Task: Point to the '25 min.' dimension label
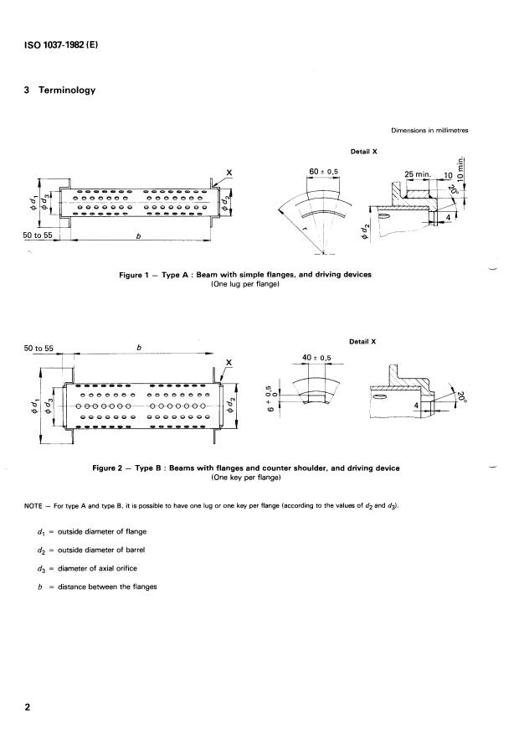coord(416,174)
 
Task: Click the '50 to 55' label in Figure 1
coord(39,235)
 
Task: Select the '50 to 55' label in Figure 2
coord(39,344)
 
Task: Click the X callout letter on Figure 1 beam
coord(229,173)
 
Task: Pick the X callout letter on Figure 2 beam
coord(228,362)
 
